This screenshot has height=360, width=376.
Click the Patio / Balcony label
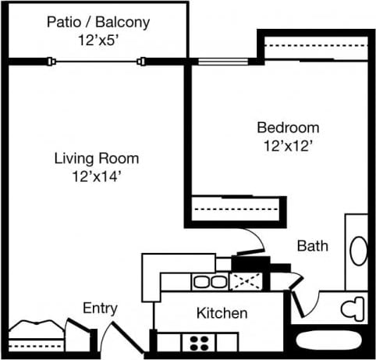(x=98, y=22)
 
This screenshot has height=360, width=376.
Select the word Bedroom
(x=288, y=128)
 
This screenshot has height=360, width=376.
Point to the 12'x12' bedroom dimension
(x=288, y=144)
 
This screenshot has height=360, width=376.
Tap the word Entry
(x=100, y=308)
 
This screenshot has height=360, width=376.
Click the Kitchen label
(x=222, y=314)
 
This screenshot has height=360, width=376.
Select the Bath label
(x=313, y=246)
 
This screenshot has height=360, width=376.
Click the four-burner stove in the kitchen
(x=200, y=340)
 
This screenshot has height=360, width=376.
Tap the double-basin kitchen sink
(x=208, y=282)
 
